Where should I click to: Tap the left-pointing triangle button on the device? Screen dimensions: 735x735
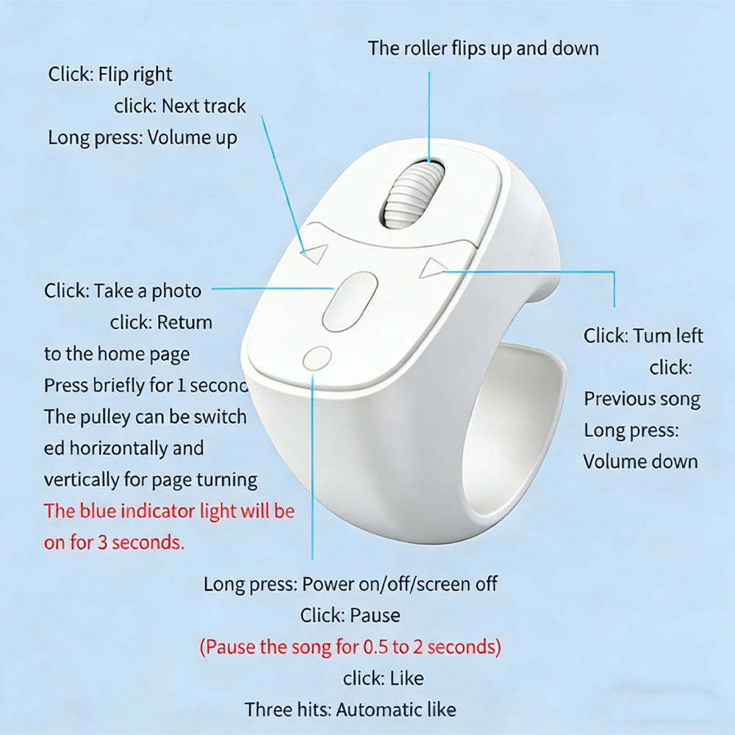point(315,254)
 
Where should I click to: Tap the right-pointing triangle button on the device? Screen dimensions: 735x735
point(433,268)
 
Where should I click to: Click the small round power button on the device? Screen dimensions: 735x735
point(318,359)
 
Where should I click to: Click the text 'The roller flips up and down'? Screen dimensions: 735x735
point(484,49)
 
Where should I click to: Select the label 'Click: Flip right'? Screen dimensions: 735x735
point(110,74)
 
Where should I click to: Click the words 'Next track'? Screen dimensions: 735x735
point(204,106)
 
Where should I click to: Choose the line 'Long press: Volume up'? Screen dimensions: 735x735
point(143,138)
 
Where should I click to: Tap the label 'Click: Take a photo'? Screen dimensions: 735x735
point(123,291)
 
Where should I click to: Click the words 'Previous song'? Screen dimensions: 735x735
point(642,399)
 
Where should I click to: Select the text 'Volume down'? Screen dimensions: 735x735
point(641,462)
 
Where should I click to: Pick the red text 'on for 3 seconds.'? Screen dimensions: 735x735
point(115,542)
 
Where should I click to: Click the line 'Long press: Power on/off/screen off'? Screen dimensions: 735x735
point(351,584)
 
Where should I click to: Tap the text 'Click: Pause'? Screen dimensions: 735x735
point(350,615)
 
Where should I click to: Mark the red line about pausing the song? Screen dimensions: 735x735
point(351,648)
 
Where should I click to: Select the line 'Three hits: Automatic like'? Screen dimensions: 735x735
point(350,710)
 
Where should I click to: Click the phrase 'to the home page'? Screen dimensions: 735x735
point(117,354)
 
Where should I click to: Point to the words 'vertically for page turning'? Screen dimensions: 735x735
point(151,480)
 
